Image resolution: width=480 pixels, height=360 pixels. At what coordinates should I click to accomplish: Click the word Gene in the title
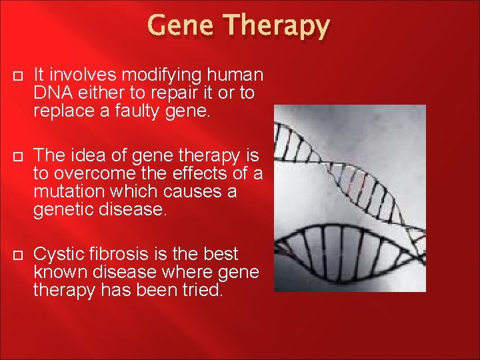[180, 25]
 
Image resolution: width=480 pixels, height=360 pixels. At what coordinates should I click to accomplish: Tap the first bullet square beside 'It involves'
[18, 75]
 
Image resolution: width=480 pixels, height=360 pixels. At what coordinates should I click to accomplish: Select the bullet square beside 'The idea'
[18, 157]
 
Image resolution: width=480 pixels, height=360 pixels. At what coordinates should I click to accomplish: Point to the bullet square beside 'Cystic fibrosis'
[18, 255]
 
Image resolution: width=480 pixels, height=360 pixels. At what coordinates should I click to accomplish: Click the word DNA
[53, 93]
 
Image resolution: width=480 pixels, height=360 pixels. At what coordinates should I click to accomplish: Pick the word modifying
[161, 76]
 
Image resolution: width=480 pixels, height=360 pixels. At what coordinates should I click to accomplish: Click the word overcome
[95, 174]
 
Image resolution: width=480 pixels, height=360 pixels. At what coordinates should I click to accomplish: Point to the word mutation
[69, 191]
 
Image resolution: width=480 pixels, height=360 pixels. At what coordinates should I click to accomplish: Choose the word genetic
[63, 211]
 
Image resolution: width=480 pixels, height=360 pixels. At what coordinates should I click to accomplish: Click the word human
[235, 75]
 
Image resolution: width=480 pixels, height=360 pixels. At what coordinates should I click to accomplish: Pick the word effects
[199, 173]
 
